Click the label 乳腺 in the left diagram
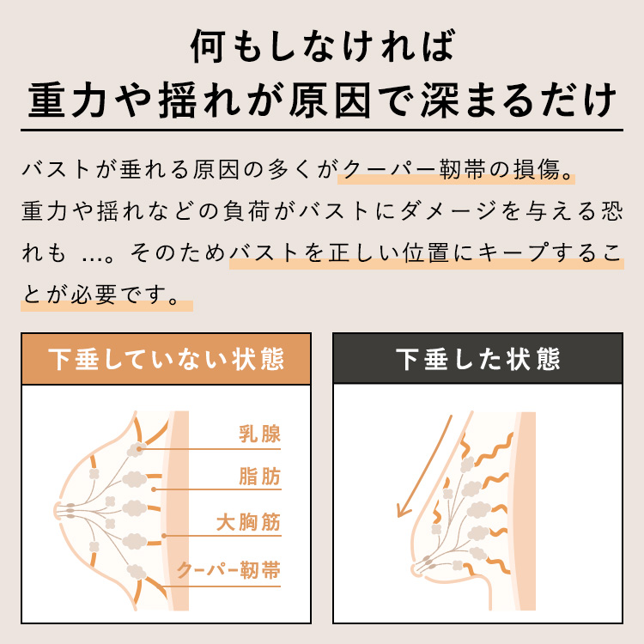click(259, 434)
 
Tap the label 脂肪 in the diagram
click(259, 477)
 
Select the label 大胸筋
click(248, 522)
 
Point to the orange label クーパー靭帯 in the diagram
click(228, 570)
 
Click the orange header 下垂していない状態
click(166, 359)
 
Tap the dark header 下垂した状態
click(477, 359)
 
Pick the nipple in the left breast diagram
click(57, 511)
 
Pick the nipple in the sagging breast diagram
click(416, 570)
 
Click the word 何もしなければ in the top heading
click(322, 46)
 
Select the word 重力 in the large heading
click(67, 100)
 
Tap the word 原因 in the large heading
click(331, 100)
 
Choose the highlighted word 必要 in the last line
click(94, 295)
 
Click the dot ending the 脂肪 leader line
click(154, 489)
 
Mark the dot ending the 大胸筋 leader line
click(164, 536)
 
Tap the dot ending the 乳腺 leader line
click(139, 449)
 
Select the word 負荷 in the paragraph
click(246, 211)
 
